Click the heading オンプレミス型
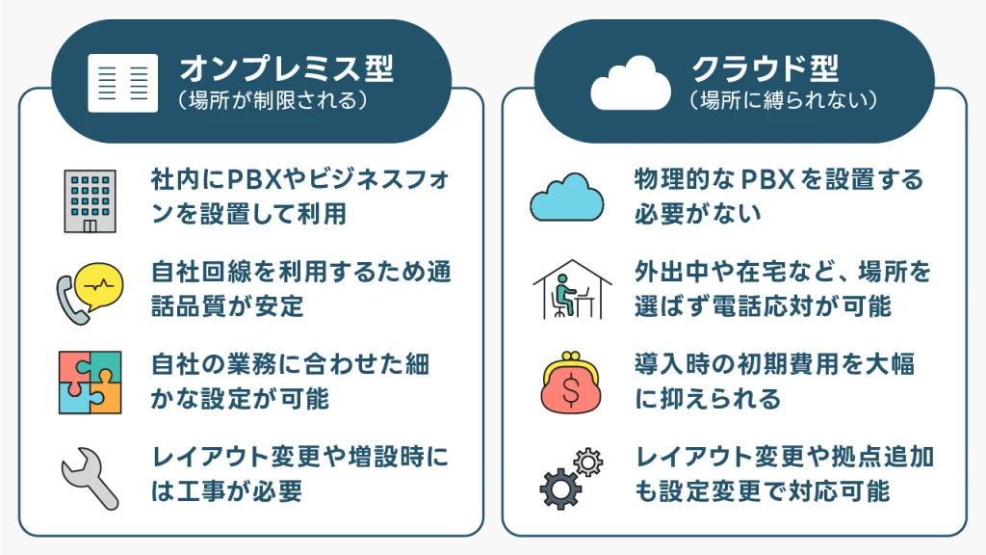tap(287, 68)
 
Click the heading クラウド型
tap(765, 68)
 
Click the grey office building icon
tap(90, 200)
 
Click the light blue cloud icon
tap(567, 197)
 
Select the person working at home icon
tap(572, 289)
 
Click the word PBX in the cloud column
tap(765, 180)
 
